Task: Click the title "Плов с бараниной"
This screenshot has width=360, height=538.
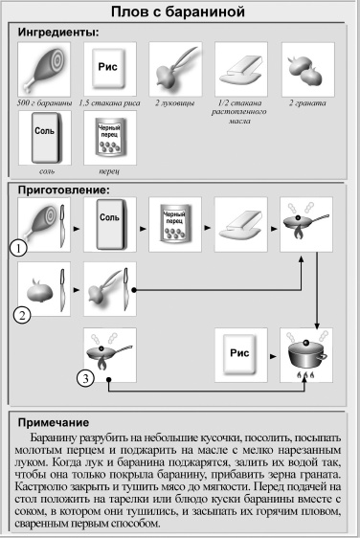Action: (x=181, y=11)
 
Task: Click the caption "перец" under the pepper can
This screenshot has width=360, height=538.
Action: (x=108, y=171)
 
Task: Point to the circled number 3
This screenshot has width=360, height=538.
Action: (x=86, y=377)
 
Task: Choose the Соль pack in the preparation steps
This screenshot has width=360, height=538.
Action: (x=108, y=224)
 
